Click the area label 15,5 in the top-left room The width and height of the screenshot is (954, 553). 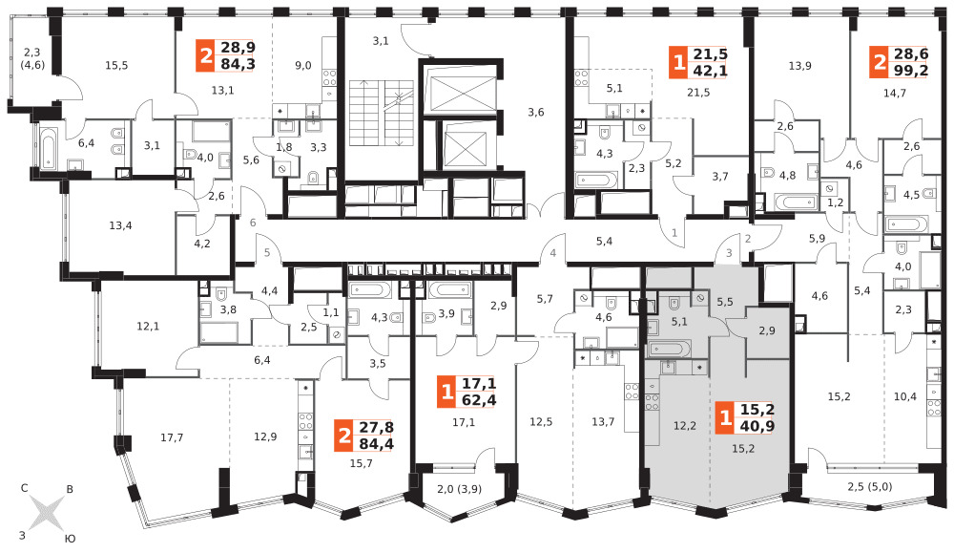point(116,65)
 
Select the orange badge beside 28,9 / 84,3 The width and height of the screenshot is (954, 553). point(206,56)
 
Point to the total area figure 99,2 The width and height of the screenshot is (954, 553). point(911,70)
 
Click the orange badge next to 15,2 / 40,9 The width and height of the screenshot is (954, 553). point(725,417)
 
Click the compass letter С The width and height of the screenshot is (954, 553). point(25,488)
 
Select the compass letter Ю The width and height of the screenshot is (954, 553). point(70,539)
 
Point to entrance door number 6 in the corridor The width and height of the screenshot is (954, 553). point(253,223)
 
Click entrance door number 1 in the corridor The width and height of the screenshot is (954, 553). point(674,233)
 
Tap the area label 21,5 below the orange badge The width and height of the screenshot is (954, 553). point(698,93)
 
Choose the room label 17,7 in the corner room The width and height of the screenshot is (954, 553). point(172,437)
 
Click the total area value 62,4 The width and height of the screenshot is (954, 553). point(479,400)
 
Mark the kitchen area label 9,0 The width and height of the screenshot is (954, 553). point(303,65)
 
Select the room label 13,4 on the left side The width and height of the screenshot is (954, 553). point(120,225)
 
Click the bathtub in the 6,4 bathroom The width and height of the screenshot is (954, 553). point(49,147)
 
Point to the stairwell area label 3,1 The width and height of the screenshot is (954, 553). point(381,41)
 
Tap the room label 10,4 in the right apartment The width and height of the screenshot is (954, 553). point(904,396)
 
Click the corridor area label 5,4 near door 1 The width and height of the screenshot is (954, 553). point(604,242)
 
